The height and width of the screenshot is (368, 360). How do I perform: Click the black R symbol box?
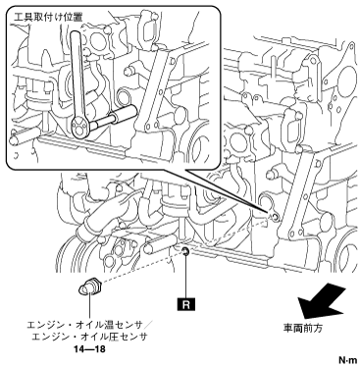185,304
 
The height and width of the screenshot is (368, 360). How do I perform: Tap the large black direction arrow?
321,300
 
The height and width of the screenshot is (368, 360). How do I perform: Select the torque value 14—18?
89,349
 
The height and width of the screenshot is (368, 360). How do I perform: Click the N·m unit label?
347,360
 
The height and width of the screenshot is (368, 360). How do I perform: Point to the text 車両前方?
302,328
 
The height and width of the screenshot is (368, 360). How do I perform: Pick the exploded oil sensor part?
89,287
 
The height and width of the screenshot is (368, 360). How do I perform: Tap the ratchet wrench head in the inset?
79,128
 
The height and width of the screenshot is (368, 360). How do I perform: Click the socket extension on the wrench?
113,117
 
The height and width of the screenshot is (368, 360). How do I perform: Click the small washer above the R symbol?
185,251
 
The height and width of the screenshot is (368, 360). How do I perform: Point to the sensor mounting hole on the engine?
275,217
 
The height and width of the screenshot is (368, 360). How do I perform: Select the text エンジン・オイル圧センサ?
89,337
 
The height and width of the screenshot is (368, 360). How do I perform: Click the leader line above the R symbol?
185,276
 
